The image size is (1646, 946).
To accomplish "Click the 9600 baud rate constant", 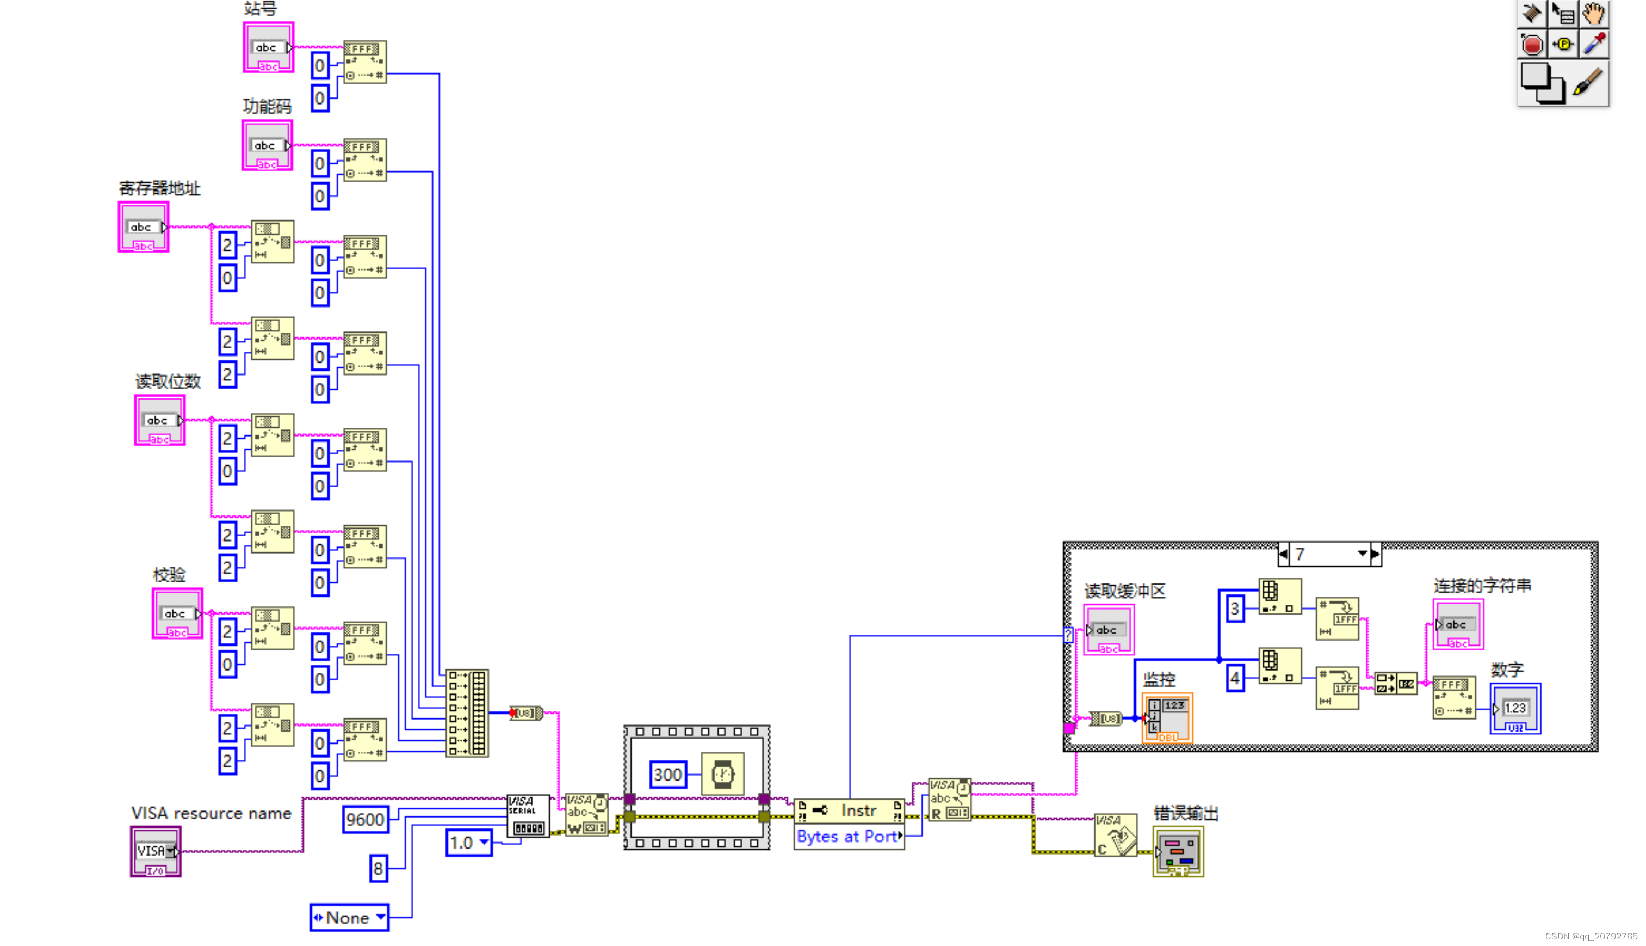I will [x=365, y=820].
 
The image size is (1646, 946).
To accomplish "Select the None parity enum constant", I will [x=349, y=918].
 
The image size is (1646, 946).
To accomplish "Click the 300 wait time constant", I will [x=667, y=775].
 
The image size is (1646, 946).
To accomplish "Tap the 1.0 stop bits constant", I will [x=467, y=843].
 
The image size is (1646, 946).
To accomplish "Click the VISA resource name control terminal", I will [x=155, y=852].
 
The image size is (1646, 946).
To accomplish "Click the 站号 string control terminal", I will [x=268, y=48].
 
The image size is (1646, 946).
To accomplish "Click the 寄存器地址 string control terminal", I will [x=144, y=228].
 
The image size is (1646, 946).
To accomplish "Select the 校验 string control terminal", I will [x=177, y=614].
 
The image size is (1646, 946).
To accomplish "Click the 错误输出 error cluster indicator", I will [x=1179, y=852].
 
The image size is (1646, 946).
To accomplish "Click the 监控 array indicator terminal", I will [x=1167, y=718].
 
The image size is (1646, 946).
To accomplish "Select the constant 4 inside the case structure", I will [x=1235, y=679].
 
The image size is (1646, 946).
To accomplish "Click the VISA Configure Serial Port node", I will [x=528, y=816].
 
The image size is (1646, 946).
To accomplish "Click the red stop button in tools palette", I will [x=1532, y=45].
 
